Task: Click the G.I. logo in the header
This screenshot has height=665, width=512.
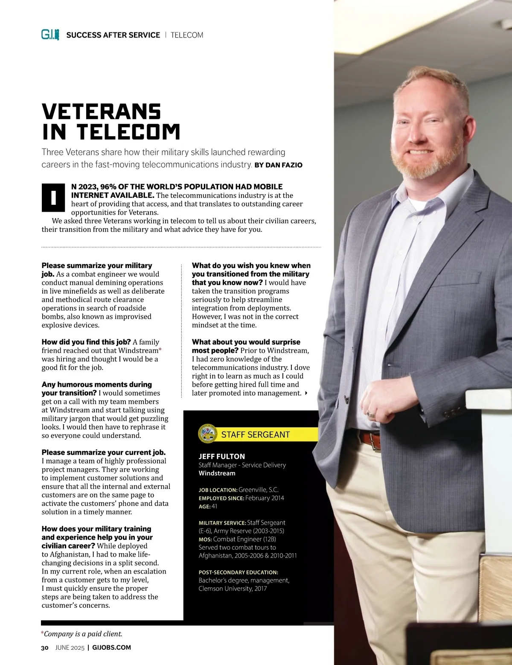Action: click(50, 35)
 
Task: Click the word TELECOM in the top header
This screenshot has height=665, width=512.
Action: click(187, 35)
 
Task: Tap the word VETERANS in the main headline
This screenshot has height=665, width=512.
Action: click(102, 112)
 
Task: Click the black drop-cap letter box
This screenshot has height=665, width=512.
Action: click(53, 198)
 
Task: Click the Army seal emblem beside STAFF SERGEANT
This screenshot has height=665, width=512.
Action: click(208, 434)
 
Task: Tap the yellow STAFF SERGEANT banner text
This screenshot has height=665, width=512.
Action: click(255, 435)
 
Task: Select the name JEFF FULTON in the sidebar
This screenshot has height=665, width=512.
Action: click(221, 456)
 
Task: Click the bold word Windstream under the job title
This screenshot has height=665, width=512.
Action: click(217, 473)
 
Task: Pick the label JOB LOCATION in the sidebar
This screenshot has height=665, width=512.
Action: click(218, 490)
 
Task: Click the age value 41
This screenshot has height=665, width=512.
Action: click(214, 506)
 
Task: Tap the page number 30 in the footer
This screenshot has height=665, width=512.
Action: click(45, 647)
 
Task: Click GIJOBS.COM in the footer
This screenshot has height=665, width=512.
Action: click(111, 647)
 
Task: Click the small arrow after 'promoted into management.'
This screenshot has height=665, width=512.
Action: click(306, 393)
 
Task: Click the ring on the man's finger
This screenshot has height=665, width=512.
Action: click(371, 414)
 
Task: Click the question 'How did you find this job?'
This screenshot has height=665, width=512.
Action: click(86, 342)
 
